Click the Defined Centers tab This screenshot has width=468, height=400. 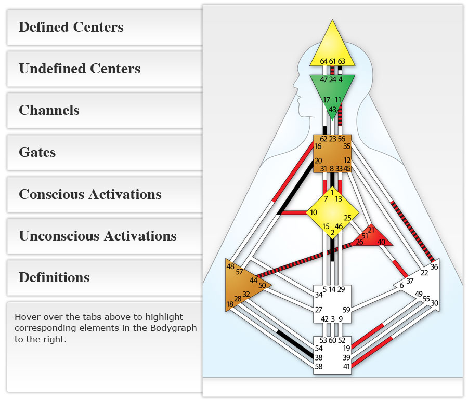(x=71, y=27)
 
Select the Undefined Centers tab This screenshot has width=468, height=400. (x=80, y=69)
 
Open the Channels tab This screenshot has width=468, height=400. (x=49, y=110)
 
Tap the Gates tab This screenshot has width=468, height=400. (x=37, y=152)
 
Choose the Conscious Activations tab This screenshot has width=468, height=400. (x=90, y=194)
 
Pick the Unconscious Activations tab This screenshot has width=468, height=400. (x=98, y=236)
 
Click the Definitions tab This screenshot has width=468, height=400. (x=54, y=277)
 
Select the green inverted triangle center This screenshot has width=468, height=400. (x=332, y=91)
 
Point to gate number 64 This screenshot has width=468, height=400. (x=323, y=61)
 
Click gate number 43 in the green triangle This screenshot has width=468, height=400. (x=332, y=109)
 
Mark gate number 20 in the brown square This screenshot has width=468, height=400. (x=318, y=161)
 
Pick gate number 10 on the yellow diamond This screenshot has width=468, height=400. (x=314, y=212)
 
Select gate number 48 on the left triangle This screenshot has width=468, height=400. (x=230, y=266)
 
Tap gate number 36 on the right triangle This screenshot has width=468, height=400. (x=434, y=266)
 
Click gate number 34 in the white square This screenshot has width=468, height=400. (x=319, y=295)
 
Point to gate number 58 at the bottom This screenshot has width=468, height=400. (x=318, y=367)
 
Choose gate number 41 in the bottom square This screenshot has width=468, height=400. (x=347, y=367)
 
